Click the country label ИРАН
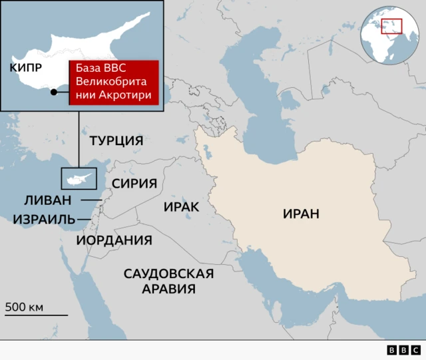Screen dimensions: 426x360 (301, 214)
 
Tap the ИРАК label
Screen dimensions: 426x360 (181, 207)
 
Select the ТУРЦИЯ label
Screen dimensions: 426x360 (116, 141)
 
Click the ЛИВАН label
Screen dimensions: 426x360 (47, 200)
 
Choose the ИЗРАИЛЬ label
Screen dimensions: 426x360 (44, 219)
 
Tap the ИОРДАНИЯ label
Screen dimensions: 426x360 (114, 240)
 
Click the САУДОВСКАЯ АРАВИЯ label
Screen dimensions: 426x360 (168, 281)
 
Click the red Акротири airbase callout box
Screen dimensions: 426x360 (114, 83)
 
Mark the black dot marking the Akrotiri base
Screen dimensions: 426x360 (54, 92)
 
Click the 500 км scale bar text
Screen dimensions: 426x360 (24, 307)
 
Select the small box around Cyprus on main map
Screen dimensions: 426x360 (79, 179)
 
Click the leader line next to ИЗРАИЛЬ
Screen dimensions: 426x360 (85, 219)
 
